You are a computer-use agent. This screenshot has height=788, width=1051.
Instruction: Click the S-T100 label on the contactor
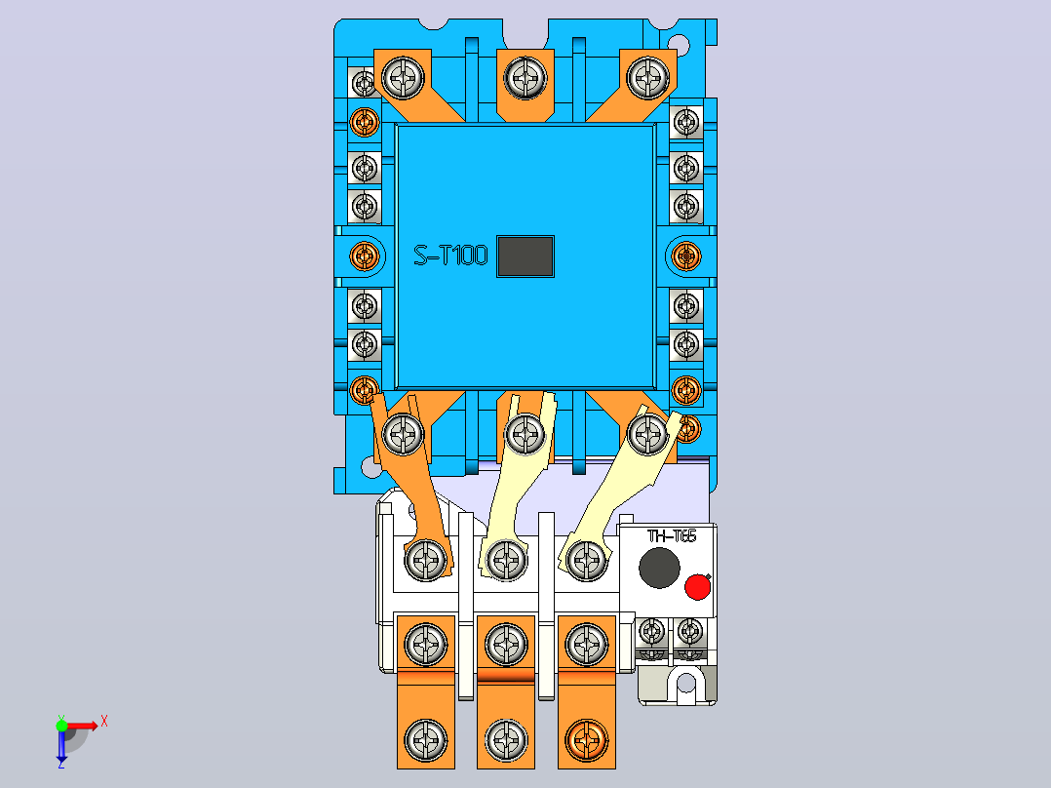(x=450, y=256)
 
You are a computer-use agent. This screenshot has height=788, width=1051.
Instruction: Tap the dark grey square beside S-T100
(x=525, y=256)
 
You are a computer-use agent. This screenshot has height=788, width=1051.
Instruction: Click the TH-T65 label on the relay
(x=672, y=535)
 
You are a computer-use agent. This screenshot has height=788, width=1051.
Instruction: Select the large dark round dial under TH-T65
(x=659, y=568)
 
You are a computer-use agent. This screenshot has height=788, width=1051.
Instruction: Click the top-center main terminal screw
(x=525, y=77)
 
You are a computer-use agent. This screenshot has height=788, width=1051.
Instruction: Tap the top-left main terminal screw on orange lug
(x=403, y=77)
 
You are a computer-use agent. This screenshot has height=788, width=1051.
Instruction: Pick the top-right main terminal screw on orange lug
(x=647, y=77)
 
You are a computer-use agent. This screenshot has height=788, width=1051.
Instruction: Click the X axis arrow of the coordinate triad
(x=82, y=726)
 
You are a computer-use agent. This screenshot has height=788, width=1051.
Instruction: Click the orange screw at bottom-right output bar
(x=587, y=740)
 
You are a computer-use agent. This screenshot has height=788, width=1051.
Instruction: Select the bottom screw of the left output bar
(x=426, y=740)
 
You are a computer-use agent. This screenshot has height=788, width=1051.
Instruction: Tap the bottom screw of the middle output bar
(x=506, y=740)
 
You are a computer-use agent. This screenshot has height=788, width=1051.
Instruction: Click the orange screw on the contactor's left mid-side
(x=365, y=256)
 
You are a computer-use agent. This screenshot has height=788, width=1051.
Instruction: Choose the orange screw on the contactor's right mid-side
(x=686, y=256)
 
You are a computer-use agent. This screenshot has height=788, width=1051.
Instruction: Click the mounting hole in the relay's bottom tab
(x=685, y=684)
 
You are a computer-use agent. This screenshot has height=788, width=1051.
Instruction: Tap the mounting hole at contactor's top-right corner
(x=679, y=46)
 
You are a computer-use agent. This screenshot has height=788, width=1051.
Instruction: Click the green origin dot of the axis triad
(x=61, y=726)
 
